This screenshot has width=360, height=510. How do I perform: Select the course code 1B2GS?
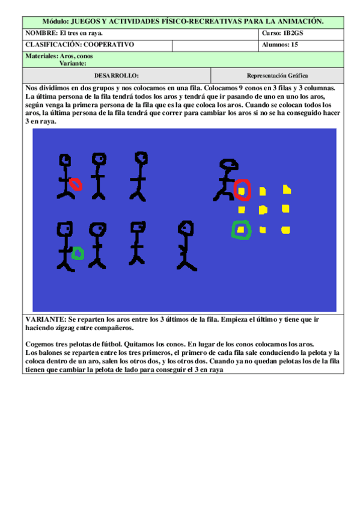pos(293,33)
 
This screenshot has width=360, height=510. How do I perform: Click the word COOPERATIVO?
pos(109,45)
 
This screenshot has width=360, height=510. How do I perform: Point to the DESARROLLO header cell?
pos(117,76)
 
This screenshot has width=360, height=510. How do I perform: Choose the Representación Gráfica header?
pos(277,76)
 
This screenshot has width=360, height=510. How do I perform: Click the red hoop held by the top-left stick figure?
pos(76,183)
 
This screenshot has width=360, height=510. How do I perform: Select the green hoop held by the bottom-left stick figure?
pos(77,253)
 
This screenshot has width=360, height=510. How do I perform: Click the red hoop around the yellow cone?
pos(242,189)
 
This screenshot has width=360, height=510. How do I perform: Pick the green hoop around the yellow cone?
pos(240,230)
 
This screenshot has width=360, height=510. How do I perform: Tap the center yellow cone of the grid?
pos(263,210)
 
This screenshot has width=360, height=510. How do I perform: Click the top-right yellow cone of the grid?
pos(287,190)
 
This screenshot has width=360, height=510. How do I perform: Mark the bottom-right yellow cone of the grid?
pos(286,230)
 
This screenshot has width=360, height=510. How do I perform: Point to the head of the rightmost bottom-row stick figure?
pos(186,228)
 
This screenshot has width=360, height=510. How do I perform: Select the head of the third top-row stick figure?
pos(141,158)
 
